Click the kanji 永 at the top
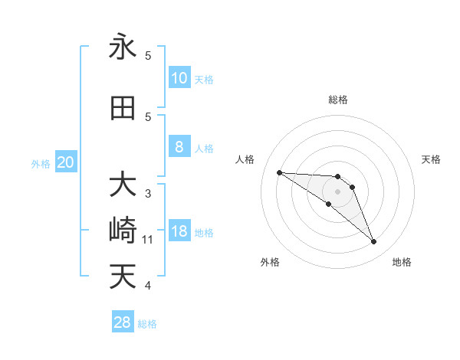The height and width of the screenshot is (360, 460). pos(123,47)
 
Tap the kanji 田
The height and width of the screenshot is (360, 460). pos(123,108)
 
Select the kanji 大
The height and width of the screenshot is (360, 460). pos(123,185)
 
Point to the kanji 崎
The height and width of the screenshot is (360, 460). pos(123,231)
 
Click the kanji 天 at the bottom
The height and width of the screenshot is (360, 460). pos(123,277)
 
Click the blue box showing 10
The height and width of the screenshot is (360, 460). pos(179,78)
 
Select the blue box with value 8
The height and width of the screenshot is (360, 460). pos(179,147)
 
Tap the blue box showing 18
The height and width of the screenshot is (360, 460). pos(179,231)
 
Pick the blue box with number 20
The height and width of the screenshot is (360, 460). pos(66,162)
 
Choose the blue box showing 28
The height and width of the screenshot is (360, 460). pos(123,322)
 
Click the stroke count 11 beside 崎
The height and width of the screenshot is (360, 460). pos(149,240)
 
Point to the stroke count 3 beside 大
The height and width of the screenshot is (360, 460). pos(148,194)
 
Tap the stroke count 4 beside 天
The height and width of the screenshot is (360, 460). pos(148,286)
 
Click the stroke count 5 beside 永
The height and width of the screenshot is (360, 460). pos(148,56)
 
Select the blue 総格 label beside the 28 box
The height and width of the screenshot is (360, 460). pos(148,324)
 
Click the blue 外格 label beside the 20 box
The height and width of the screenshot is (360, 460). pos(41,163)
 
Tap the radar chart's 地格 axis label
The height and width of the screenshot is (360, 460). pos(402,262)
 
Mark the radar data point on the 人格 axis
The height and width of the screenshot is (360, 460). pos(279,172)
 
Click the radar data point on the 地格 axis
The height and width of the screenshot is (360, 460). pos(373,242)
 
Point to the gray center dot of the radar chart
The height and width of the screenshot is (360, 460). pos(337,191)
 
